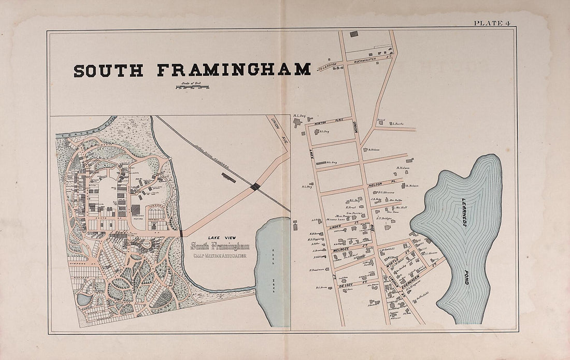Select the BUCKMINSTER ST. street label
(x=372, y=59)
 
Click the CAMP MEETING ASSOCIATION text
(x=218, y=255)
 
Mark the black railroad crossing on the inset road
(x=255, y=186)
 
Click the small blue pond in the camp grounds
(x=83, y=299)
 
